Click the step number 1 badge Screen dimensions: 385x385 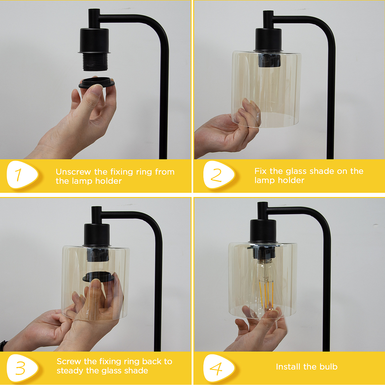pos(22,175)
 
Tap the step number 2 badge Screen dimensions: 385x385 pos(219,175)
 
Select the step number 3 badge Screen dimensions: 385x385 pos(22,368)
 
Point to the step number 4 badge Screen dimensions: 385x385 pos(219,368)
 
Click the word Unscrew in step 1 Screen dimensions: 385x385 pos(73,172)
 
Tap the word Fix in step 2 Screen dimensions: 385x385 pos(260,171)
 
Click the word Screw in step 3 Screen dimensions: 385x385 pos(69,362)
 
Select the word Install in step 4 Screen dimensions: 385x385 pos(288,367)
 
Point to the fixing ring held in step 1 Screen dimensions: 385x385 pos(97,82)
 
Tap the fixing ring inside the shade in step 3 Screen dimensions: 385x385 pos(99,276)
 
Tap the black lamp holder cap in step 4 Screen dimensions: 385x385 pos(263,231)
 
